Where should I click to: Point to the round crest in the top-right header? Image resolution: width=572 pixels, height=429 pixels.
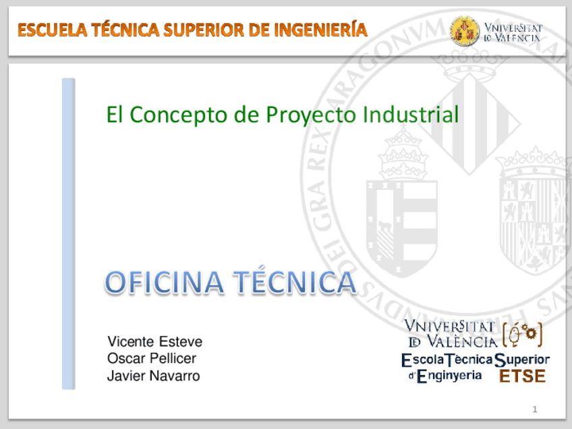[x=465, y=30]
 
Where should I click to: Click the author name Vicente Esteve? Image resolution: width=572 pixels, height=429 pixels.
[x=155, y=341]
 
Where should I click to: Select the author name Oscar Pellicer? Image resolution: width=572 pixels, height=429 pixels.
[x=152, y=358]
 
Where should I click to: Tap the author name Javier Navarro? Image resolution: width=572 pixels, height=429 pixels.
[x=154, y=376]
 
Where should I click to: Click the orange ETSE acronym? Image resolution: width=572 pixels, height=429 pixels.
[x=522, y=376]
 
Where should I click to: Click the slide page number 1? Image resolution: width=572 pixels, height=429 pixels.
[x=534, y=409]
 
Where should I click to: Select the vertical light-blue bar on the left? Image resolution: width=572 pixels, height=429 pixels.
[x=68, y=233]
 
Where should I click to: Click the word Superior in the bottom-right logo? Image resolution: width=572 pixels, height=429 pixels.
[x=523, y=360]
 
